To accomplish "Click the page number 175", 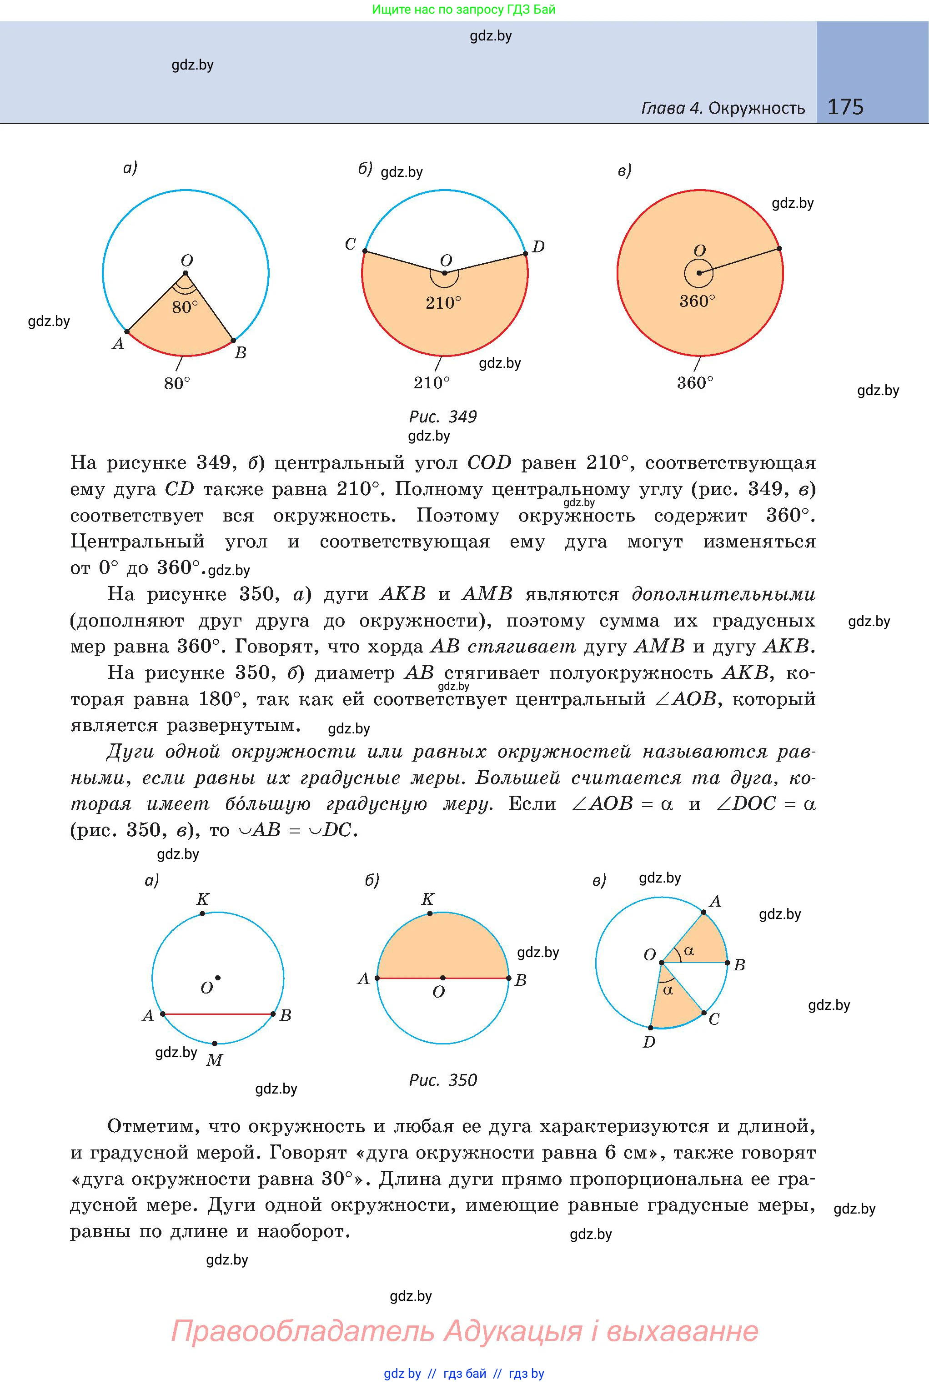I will (845, 107).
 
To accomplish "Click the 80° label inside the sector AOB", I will (186, 307).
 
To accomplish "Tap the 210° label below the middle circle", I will (432, 383).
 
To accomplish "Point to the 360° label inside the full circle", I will (698, 301).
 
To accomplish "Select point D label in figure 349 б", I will (538, 247).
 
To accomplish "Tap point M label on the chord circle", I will (214, 1060).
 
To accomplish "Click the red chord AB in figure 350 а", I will (217, 1014).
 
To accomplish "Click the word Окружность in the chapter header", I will (757, 108).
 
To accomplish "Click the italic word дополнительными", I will (723, 594).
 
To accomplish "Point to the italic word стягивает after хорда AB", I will (522, 646).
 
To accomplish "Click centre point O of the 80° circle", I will (186, 273).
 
